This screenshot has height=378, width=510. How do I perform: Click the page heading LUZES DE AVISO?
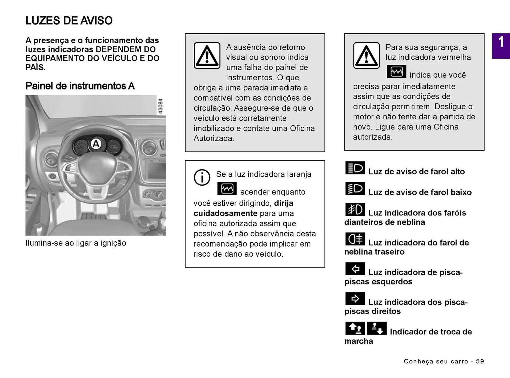pyautogui.click(x=69, y=21)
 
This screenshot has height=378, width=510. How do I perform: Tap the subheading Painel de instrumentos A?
pyautogui.click(x=80, y=86)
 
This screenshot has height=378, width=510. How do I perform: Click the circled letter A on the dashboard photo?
pyautogui.click(x=96, y=144)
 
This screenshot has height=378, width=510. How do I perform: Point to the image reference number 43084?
pyautogui.click(x=160, y=106)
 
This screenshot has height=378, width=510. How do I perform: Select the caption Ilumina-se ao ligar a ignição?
pyautogui.click(x=76, y=243)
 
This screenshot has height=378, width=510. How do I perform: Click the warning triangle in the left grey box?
pyautogui.click(x=207, y=56)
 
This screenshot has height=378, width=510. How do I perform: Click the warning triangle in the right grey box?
pyautogui.click(x=366, y=56)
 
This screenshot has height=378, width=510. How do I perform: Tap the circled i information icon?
pyautogui.click(x=202, y=177)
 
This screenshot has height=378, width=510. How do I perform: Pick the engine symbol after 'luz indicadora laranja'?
pyautogui.click(x=227, y=189)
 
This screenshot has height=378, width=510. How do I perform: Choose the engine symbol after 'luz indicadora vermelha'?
pyautogui.click(x=396, y=72)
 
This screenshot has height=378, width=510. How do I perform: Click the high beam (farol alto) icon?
pyautogui.click(x=355, y=168)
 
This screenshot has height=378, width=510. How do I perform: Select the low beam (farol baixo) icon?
pyautogui.click(x=355, y=189)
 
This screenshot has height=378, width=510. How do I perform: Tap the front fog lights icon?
pyautogui.click(x=355, y=209)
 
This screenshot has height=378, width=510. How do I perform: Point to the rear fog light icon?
pyautogui.click(x=355, y=239)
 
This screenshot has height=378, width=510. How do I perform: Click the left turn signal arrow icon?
pyautogui.click(x=355, y=269)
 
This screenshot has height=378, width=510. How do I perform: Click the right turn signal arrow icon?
pyautogui.click(x=355, y=298)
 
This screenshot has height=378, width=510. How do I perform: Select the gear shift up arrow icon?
pyautogui.click(x=355, y=328)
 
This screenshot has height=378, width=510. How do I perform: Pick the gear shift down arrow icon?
pyautogui.click(x=377, y=328)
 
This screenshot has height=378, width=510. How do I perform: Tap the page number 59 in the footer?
pyautogui.click(x=480, y=361)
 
